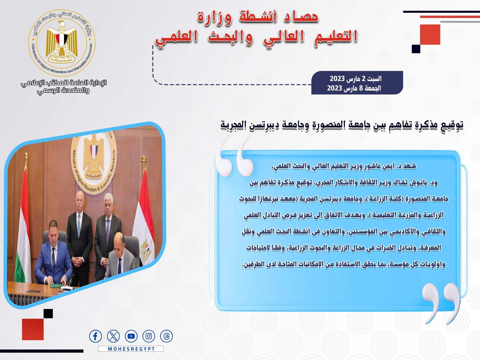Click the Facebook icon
[x=95, y=336]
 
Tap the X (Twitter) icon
[x=113, y=336]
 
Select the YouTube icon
[x=131, y=336]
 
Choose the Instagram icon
[x=149, y=336]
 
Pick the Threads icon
[x=166, y=336]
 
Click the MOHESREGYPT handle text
[x=131, y=349]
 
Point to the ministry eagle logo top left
[x=62, y=43]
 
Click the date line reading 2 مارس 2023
[x=355, y=79]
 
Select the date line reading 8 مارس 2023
[x=354, y=88]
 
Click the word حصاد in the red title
[x=301, y=16]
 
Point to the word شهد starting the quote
[x=409, y=166]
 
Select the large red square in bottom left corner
[x=33, y=329]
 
